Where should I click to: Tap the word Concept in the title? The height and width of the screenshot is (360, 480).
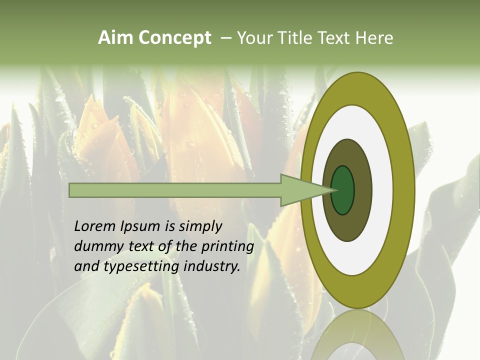[174, 38]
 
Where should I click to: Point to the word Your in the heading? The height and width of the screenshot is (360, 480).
[254, 38]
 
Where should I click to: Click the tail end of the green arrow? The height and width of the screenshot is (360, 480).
[71, 190]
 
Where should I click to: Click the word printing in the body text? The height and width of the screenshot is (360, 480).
[227, 247]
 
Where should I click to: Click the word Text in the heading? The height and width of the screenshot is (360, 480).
[335, 38]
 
